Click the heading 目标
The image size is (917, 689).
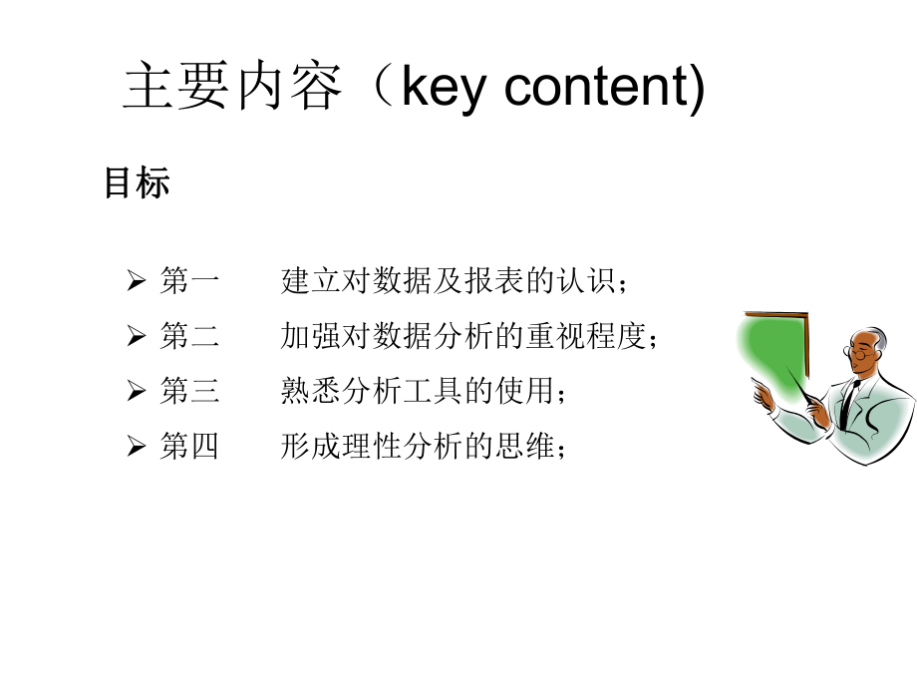pyautogui.click(x=137, y=182)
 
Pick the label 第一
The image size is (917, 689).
pyautogui.click(x=188, y=281)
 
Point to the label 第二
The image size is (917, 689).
pyautogui.click(x=188, y=337)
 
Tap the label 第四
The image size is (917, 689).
pyautogui.click(x=188, y=447)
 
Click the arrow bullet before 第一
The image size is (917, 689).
pyautogui.click(x=137, y=282)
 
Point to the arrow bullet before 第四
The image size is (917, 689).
pyautogui.click(x=137, y=448)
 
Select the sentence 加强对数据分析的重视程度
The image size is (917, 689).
pyautogui.click(x=469, y=337)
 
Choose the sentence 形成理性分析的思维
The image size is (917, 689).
pyautogui.click(x=424, y=447)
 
